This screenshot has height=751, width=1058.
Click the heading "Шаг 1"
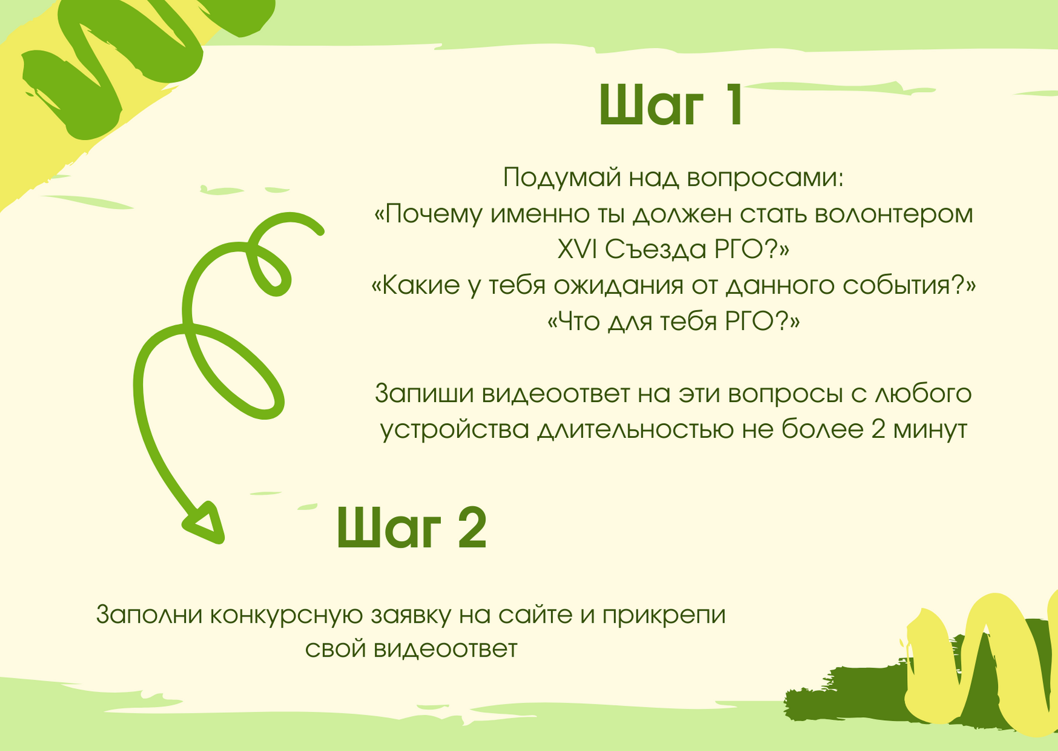(x=671, y=105)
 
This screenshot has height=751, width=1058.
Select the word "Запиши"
(x=425, y=394)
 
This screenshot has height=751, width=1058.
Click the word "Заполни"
(x=149, y=615)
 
